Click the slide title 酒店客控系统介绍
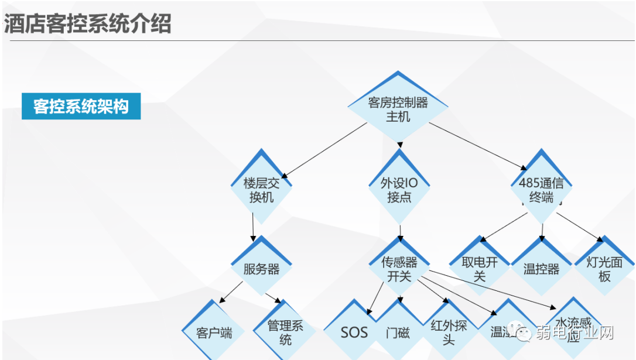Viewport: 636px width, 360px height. [x=88, y=25]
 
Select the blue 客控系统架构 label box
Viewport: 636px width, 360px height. [x=81, y=107]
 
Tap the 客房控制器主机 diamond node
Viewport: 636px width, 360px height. [x=398, y=109]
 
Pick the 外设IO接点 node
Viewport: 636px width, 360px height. [x=399, y=190]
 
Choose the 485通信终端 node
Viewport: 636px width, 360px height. [x=541, y=190]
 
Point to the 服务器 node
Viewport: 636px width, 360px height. [x=262, y=269]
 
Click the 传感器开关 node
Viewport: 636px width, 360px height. [x=399, y=269]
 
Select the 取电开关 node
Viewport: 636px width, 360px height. [x=480, y=269]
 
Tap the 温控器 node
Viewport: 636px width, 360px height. [x=541, y=269]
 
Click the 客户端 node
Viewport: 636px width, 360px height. [x=214, y=333]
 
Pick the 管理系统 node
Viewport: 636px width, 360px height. [x=285, y=332]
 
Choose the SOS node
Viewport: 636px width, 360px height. [x=354, y=333]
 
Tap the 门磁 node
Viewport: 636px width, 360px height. [x=398, y=333]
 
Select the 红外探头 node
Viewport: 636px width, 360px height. [x=449, y=332]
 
